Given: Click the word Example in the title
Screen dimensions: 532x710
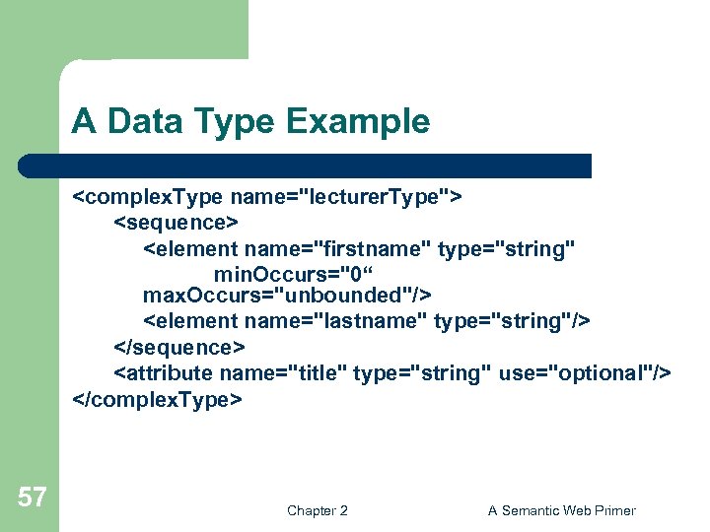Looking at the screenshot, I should click(357, 122).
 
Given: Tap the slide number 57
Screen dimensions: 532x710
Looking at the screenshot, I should click(33, 498).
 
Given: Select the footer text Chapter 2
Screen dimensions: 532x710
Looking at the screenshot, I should click(317, 510).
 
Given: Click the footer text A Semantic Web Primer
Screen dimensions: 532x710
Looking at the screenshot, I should click(562, 510).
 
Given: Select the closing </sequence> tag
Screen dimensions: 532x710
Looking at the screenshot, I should click(180, 347).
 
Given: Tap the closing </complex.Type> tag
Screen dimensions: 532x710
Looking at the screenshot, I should click(157, 399).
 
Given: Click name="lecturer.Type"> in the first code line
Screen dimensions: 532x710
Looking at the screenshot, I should click(346, 195).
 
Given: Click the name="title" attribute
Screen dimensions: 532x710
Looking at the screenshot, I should click(282, 372).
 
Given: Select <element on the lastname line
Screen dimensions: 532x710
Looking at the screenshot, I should click(191, 321).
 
